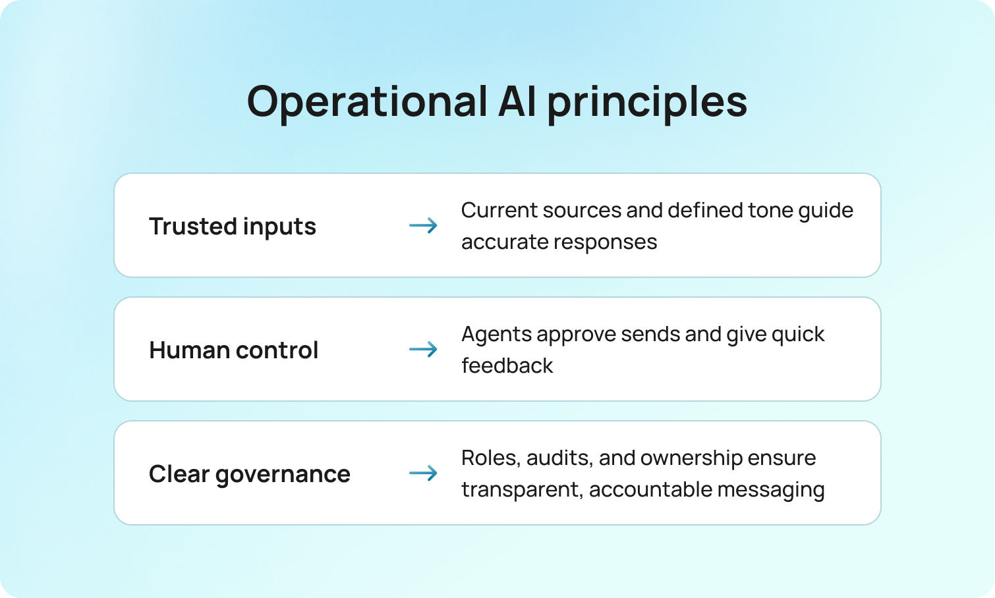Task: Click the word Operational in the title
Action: point(367,102)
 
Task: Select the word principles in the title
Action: point(647,103)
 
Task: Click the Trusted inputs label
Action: point(233,227)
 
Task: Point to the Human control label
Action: point(234,350)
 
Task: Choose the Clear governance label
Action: point(250,474)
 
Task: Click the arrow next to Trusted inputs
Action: point(423,226)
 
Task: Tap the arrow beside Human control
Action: point(423,349)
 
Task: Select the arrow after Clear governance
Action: point(423,473)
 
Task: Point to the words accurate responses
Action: point(559,242)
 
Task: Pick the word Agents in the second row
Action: point(496,335)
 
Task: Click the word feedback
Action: point(507,366)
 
